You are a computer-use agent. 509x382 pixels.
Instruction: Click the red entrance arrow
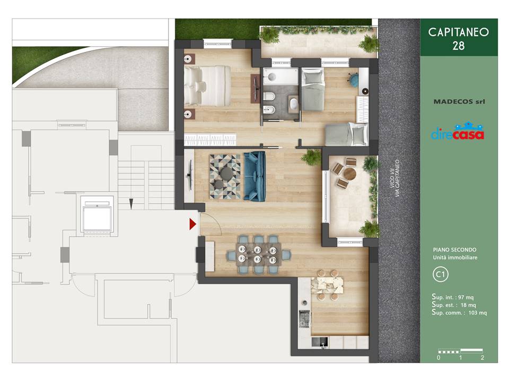pos(193,224)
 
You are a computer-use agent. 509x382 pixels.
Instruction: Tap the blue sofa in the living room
pos(254,176)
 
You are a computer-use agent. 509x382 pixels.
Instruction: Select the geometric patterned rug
pos(225,177)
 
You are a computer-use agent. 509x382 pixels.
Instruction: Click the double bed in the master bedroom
pos(208,86)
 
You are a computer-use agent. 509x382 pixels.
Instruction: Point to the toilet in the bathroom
pos(269,97)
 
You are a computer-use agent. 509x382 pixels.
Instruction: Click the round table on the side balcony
pos(350,174)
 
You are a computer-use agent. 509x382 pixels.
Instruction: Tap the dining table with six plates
pos(258,254)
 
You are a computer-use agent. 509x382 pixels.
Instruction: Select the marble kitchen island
pos(327,285)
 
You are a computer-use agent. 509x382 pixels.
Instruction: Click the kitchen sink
pos(320,342)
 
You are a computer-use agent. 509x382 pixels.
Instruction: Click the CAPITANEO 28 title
pos(458,39)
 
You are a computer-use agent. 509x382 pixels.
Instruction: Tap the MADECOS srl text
pos(459,102)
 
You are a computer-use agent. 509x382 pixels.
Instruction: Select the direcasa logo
pos(458,131)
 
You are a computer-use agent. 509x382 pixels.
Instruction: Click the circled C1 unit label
pos(441,274)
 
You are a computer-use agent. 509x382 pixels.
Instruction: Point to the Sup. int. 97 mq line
pos(452,297)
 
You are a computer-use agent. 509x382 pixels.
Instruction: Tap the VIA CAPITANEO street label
pos(397,178)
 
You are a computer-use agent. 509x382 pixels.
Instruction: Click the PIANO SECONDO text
pos(454,250)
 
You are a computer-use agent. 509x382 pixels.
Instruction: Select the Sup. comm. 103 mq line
pos(459,312)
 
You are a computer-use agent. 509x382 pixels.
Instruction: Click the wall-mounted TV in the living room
pos(190,176)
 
